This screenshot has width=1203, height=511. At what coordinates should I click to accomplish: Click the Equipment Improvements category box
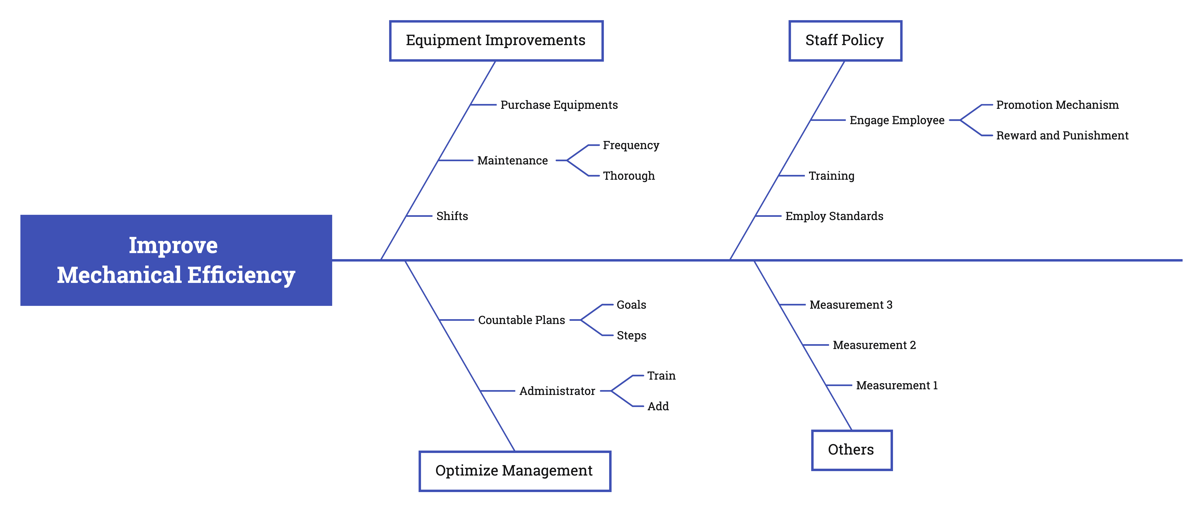click(496, 41)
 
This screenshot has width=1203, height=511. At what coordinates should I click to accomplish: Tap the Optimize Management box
click(515, 471)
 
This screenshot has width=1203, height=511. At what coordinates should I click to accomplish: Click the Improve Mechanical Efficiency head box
click(176, 260)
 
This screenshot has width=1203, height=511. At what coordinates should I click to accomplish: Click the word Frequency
click(631, 145)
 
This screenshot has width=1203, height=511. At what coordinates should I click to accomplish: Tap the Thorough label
click(628, 176)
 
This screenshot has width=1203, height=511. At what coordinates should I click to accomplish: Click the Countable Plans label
click(521, 320)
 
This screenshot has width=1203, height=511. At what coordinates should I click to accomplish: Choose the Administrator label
click(557, 391)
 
